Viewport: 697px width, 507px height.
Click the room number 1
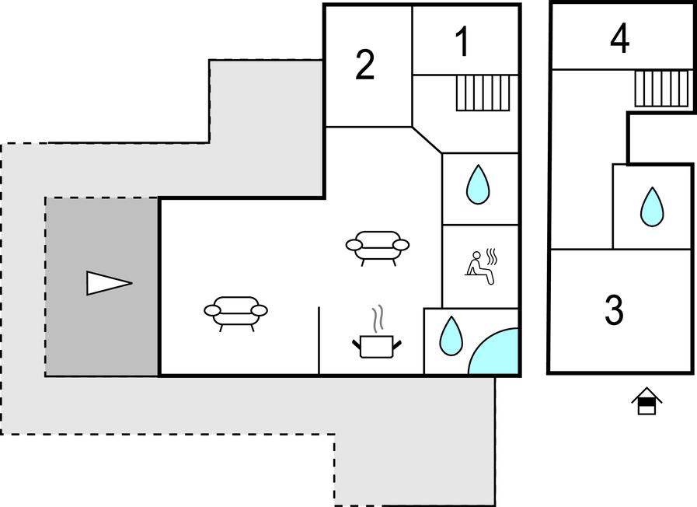463,41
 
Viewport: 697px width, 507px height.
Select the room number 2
365,65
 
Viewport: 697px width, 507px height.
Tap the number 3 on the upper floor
614,310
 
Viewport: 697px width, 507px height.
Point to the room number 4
619,38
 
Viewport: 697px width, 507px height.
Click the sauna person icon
479,268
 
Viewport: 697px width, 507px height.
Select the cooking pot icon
377,346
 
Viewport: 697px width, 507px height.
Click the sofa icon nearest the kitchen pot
378,248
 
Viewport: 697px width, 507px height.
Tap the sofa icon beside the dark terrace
235,313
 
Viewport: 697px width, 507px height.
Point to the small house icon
646,400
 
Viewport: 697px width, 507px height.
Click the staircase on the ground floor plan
483,93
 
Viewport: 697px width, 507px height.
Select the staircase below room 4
661,89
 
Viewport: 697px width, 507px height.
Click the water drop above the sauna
478,184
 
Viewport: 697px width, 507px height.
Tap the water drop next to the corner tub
451,336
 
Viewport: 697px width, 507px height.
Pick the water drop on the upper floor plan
652,206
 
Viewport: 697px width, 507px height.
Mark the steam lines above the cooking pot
378,320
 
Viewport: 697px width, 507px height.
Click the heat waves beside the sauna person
491,257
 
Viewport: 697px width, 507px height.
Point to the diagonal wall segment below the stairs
427,140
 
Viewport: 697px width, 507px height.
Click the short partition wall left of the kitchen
319,341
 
